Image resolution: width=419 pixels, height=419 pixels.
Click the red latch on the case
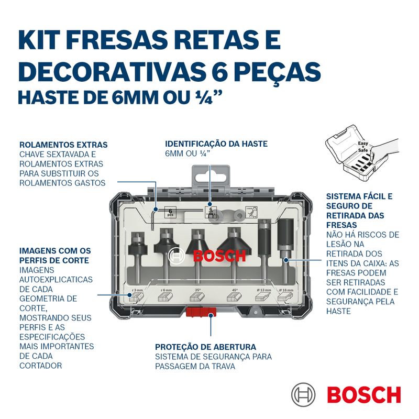coord(201,312)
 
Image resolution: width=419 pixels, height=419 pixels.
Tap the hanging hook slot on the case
coord(211,175)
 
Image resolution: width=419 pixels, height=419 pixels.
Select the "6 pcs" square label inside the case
coord(170,213)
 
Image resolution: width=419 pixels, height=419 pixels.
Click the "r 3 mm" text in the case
coord(138,290)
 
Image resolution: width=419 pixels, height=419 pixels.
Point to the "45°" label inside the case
coord(235,290)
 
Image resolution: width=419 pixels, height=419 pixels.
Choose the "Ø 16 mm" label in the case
coord(286,290)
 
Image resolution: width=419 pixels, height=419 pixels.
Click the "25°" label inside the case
coord(197,290)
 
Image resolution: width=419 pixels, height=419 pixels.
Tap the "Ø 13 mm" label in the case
coord(264,290)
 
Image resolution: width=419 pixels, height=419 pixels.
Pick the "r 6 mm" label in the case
coord(166,290)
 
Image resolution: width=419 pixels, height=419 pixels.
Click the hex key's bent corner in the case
coord(152,212)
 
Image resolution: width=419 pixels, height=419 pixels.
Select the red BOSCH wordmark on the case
coord(219,256)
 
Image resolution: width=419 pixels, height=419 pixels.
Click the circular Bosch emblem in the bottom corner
coord(303,394)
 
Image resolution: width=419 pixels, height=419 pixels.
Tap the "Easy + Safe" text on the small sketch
coord(363,147)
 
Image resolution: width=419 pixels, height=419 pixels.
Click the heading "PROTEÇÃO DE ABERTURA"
coord(205,347)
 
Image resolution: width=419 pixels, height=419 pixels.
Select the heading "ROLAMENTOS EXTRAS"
coord(63,145)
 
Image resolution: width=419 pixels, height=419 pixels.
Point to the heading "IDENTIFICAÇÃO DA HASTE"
coord(216,144)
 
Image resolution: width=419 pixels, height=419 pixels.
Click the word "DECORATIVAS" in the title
coord(113,72)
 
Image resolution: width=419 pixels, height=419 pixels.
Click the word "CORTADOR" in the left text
coord(41,366)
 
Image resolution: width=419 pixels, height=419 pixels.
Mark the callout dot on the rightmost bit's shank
coord(285,260)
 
